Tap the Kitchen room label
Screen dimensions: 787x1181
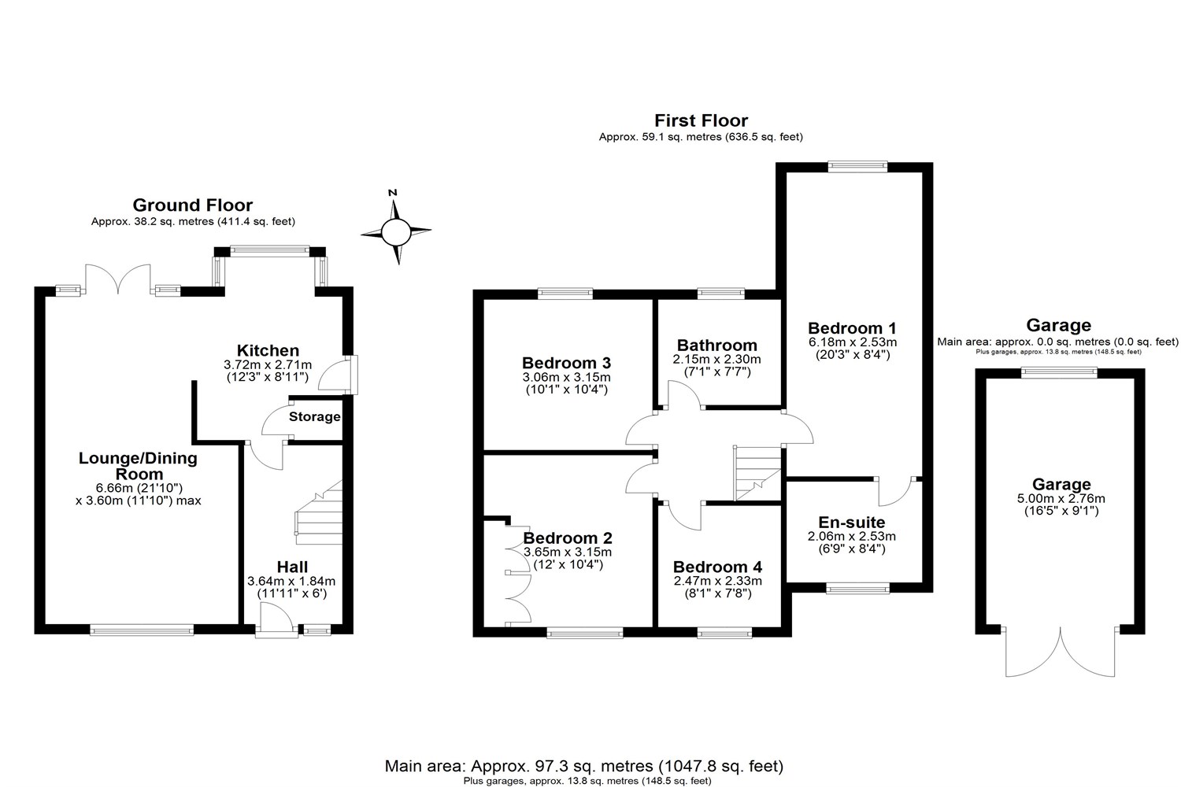pos(268,351)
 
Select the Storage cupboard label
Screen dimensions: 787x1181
pos(314,417)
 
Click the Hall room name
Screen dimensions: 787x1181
pos(292,567)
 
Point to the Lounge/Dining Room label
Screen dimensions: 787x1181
pos(138,466)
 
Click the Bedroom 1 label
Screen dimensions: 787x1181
pos(852,328)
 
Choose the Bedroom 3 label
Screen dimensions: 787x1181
pos(566,363)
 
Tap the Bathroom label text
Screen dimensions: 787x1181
pos(716,345)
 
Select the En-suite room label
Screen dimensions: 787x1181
pos(852,523)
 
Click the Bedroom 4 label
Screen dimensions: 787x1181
pos(717,567)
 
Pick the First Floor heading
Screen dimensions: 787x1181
pos(701,120)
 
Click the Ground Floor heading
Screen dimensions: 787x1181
pos(193,205)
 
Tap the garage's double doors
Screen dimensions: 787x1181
pos(1061,653)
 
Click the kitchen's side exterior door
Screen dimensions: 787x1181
pos(346,376)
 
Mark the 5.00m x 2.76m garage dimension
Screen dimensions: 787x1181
pos(1061,498)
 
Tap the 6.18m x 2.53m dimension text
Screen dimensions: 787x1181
pos(852,342)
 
